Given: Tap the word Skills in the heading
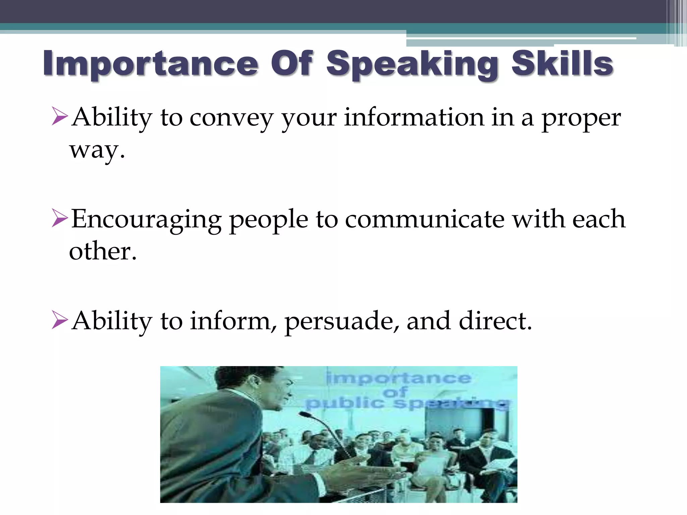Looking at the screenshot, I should click(562, 64).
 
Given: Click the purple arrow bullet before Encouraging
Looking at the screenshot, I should click(60, 218).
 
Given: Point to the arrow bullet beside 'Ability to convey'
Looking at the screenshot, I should click(60, 116).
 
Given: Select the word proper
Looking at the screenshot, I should click(581, 119).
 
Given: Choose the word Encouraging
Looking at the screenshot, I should click(146, 220).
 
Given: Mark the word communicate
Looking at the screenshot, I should click(425, 219).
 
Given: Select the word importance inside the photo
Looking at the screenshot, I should click(399, 379).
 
